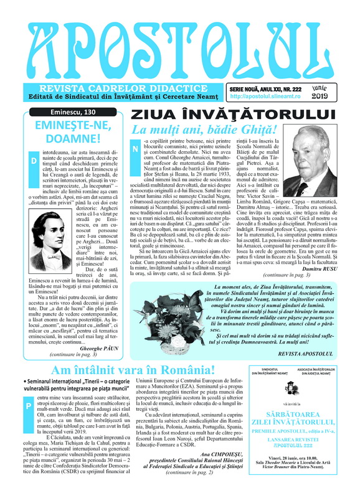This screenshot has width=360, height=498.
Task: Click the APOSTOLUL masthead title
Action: coord(179,44)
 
